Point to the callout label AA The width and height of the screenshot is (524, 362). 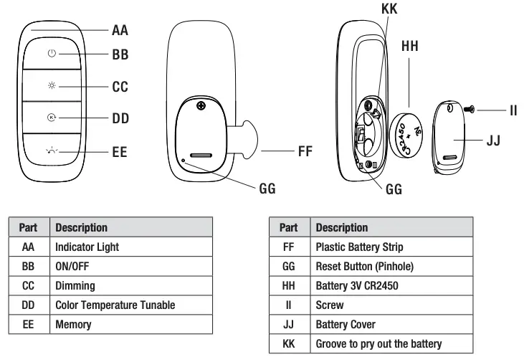point(120,30)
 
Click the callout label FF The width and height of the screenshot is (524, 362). point(305,152)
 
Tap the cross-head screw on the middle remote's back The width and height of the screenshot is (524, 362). point(202,106)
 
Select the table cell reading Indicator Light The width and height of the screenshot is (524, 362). point(87,247)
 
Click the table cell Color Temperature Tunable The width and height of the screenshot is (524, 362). point(115,305)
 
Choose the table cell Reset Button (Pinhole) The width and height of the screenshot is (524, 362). point(365,266)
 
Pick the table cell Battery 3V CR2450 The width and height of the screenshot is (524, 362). point(356,285)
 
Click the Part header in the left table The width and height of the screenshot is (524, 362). point(28,227)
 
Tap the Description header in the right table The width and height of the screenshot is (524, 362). point(342,227)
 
